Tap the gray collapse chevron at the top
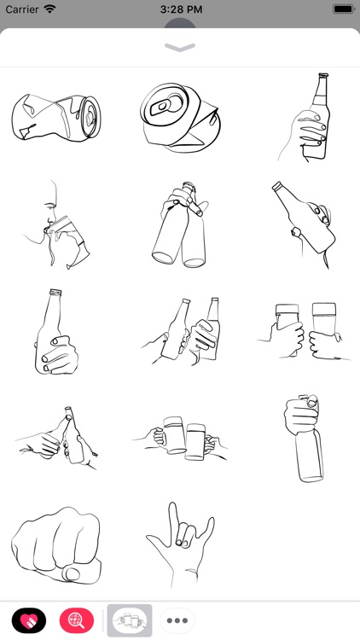(x=180, y=48)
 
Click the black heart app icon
(x=29, y=620)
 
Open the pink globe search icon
(x=77, y=620)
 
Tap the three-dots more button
(x=177, y=620)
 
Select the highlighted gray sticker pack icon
(x=130, y=620)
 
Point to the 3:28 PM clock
(x=180, y=9)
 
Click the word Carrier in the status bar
(x=22, y=9)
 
